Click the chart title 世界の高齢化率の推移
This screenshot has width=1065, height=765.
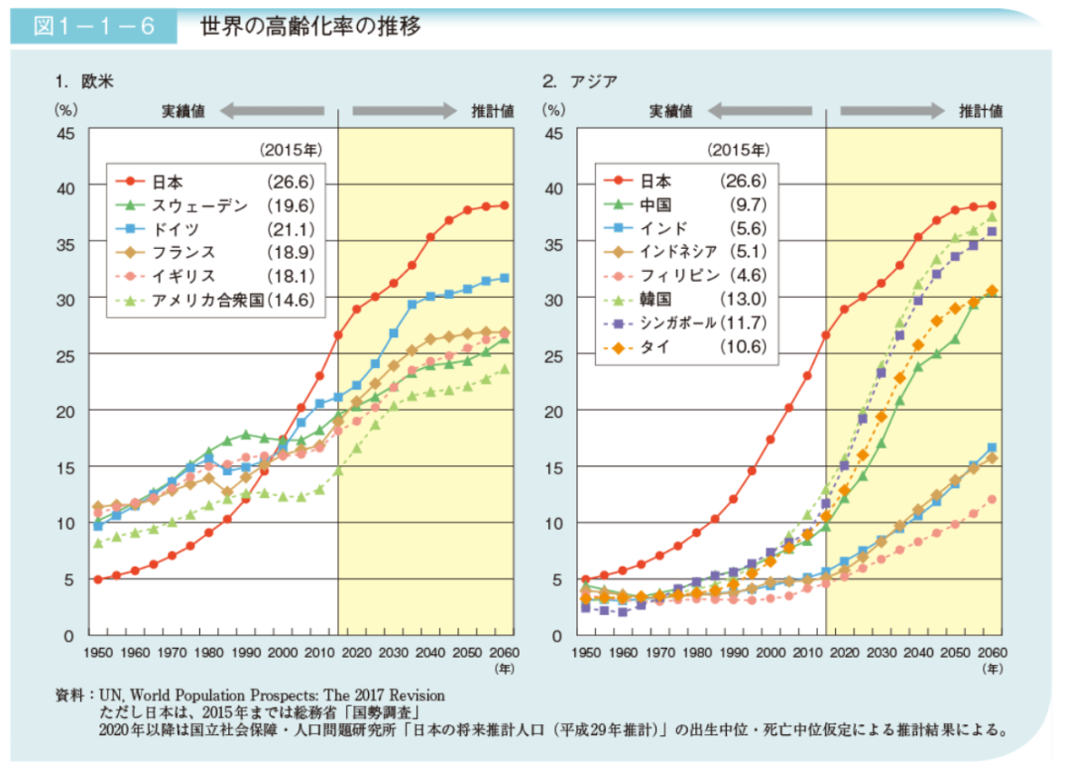click(x=311, y=26)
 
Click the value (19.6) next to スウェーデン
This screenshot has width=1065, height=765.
click(x=290, y=204)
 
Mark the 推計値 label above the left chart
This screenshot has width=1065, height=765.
click(x=492, y=111)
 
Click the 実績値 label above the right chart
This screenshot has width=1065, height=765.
click(x=671, y=111)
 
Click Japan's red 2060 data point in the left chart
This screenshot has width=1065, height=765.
click(x=504, y=205)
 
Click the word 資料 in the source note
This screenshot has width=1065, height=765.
click(x=68, y=696)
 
